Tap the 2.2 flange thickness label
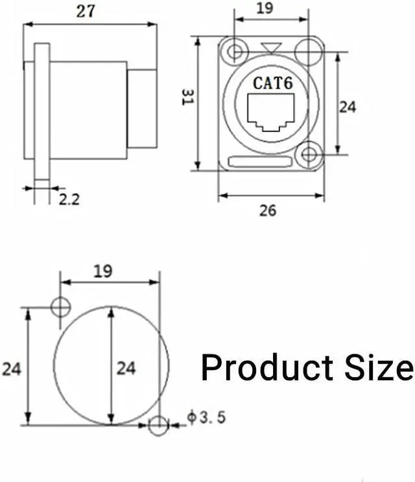tap(69, 199)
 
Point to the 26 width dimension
tap(268, 210)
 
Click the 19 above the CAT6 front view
tap(264, 8)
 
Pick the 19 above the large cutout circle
tap(102, 271)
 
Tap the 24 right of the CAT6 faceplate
tap(348, 106)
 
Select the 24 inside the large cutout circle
tap(126, 368)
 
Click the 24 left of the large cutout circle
tap(12, 369)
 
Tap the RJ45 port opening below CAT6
tap(272, 113)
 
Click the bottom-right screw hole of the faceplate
tap(309, 155)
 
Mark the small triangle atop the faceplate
tap(272, 47)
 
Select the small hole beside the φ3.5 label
tap(158, 425)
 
